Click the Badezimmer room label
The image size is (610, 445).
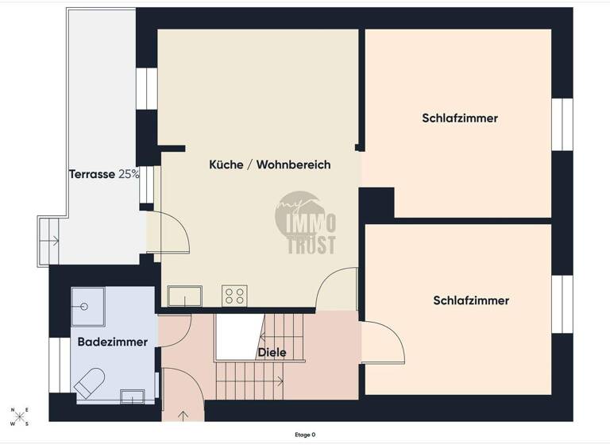click(x=112, y=342)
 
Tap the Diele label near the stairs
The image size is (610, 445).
click(x=272, y=352)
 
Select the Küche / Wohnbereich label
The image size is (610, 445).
click(x=269, y=164)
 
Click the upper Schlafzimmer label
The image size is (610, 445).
click(x=459, y=118)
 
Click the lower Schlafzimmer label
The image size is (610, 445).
click(x=470, y=300)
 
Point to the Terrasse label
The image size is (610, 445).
click(x=91, y=174)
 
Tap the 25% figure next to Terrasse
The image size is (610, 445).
click(x=129, y=174)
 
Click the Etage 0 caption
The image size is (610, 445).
click(x=305, y=435)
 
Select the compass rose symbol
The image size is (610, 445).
click(x=19, y=416)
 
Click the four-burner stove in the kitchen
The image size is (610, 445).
click(x=234, y=296)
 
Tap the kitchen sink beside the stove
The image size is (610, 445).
click(x=184, y=296)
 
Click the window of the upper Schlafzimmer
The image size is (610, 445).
click(x=562, y=124)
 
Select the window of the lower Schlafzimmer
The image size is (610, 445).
click(x=562, y=304)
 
